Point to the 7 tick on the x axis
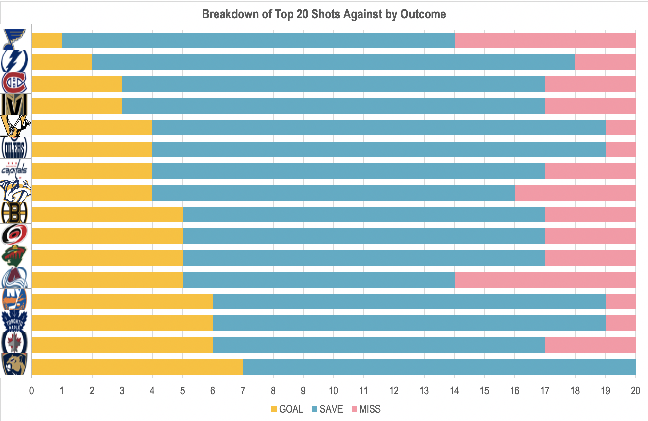click(x=243, y=391)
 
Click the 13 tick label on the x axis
click(x=424, y=391)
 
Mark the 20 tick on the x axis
click(x=635, y=391)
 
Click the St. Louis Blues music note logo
click(x=14, y=39)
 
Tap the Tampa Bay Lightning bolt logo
click(x=14, y=61)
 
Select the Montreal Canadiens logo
click(x=14, y=83)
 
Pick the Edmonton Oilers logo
click(x=14, y=148)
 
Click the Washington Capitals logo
click(x=14, y=169)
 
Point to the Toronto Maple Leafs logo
click(x=14, y=321)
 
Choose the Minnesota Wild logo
click(x=14, y=256)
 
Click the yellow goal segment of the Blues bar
click(x=47, y=41)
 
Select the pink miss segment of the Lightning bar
click(x=605, y=62)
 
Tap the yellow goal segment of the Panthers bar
click(x=137, y=367)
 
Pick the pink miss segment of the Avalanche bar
click(x=545, y=280)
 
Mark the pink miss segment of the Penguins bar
click(x=620, y=127)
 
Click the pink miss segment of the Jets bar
click(x=590, y=345)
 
